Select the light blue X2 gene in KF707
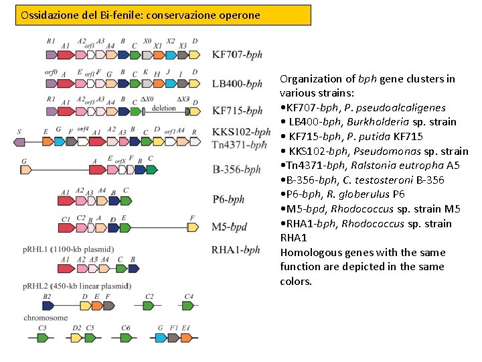pos(171,54)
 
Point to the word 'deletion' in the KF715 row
pos(164,108)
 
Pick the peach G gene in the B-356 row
pos(26,170)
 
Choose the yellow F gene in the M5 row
pos(193,227)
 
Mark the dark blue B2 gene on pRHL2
pos(48,306)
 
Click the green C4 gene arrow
pos(189,306)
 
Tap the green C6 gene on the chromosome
pos(127,338)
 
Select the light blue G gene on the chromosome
pos(161,338)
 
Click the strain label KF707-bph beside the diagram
pos(237,55)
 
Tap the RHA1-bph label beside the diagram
pos(236,250)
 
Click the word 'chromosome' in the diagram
pos(46,317)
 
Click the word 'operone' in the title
pos(238,15)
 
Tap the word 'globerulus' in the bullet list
pos(366,194)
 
